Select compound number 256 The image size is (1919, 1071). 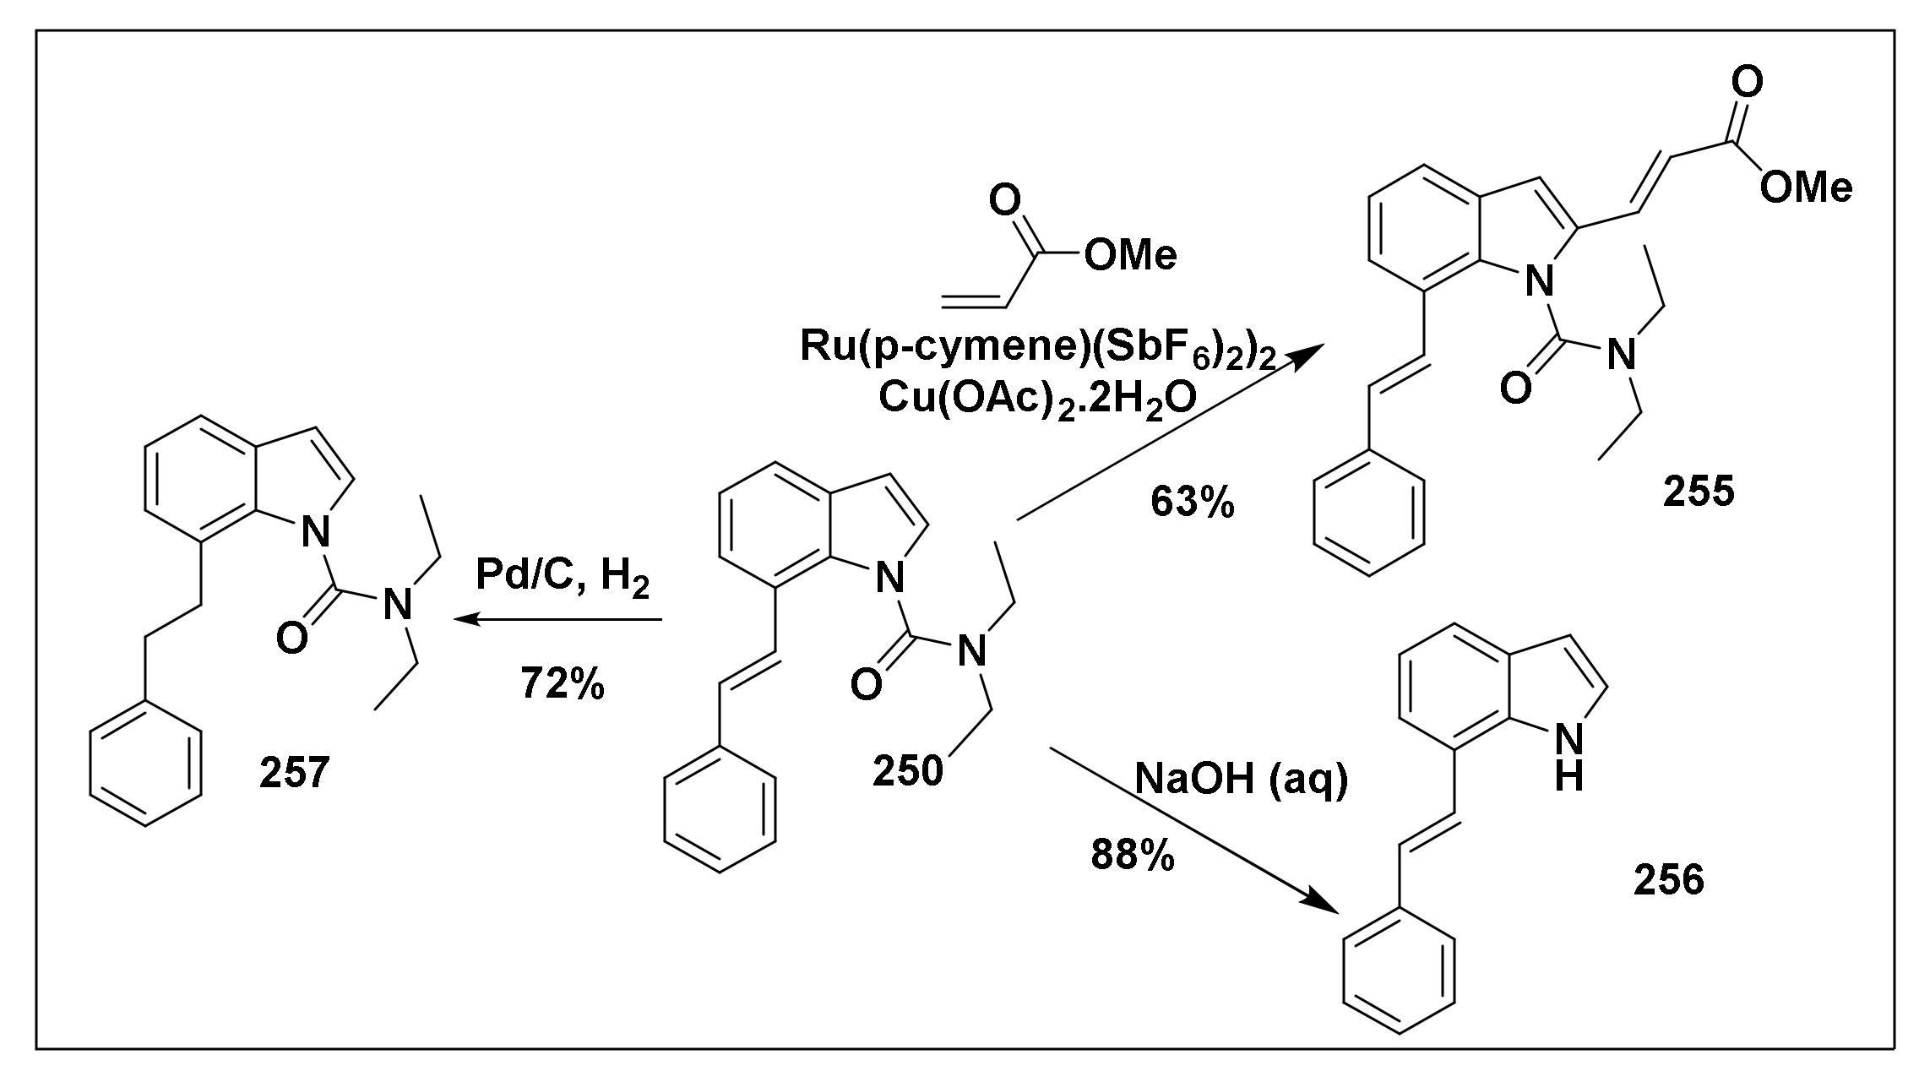[x=1669, y=881]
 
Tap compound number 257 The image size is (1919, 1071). [x=295, y=772]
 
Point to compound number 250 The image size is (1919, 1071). [x=907, y=770]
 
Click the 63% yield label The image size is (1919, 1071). [x=1192, y=503]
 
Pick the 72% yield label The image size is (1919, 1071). [x=563, y=683]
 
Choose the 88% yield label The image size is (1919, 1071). [x=1132, y=855]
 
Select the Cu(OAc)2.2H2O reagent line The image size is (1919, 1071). [x=1037, y=398]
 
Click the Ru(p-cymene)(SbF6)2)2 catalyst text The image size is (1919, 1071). [x=1037, y=348]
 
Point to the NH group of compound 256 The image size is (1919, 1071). [x=1568, y=758]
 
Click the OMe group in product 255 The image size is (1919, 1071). [x=1806, y=188]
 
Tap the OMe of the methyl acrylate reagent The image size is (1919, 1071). [x=1129, y=255]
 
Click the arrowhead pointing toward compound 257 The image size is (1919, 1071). [x=467, y=620]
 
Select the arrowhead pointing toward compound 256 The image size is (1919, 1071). [x=1323, y=903]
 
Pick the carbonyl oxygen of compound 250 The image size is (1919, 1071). [x=865, y=684]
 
